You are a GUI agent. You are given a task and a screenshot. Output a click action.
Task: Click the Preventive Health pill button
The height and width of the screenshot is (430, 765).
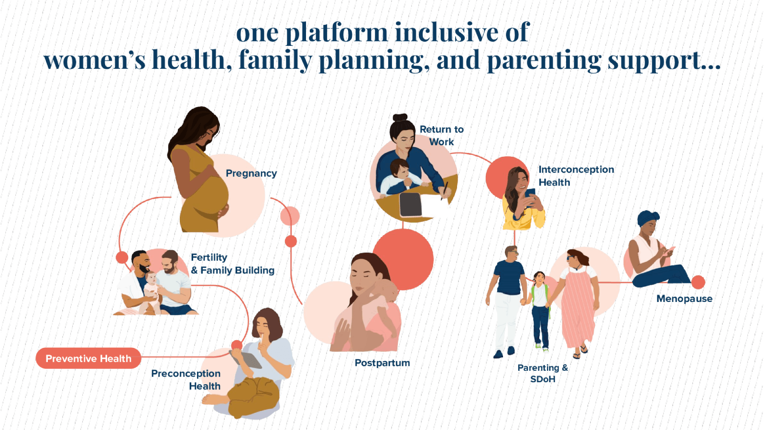pyautogui.click(x=88, y=358)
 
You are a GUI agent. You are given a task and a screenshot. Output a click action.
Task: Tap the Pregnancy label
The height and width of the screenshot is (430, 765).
pyautogui.click(x=251, y=174)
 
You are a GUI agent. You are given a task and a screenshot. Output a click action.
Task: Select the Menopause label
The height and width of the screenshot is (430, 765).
pyautogui.click(x=684, y=299)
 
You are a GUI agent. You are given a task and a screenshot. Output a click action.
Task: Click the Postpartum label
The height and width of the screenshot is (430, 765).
pyautogui.click(x=382, y=363)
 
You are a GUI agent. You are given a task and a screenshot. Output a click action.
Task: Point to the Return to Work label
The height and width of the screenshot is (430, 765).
pyautogui.click(x=442, y=136)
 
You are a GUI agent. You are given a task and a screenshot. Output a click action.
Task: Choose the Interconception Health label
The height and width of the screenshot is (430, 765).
pyautogui.click(x=576, y=176)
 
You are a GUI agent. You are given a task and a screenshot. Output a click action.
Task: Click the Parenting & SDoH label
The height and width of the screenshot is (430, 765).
pyautogui.click(x=543, y=373)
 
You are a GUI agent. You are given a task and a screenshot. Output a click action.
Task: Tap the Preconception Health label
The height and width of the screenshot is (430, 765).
pyautogui.click(x=186, y=380)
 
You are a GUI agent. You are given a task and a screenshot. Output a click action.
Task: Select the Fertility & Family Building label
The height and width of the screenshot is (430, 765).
pyautogui.click(x=232, y=264)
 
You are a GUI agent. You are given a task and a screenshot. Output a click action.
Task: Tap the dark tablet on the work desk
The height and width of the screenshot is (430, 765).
pyautogui.click(x=411, y=204)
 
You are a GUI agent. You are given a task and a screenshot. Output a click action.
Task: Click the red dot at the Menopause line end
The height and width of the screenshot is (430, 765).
pyautogui.click(x=698, y=282)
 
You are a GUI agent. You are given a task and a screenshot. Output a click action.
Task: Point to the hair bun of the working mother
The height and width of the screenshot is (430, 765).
pyautogui.click(x=400, y=118)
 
